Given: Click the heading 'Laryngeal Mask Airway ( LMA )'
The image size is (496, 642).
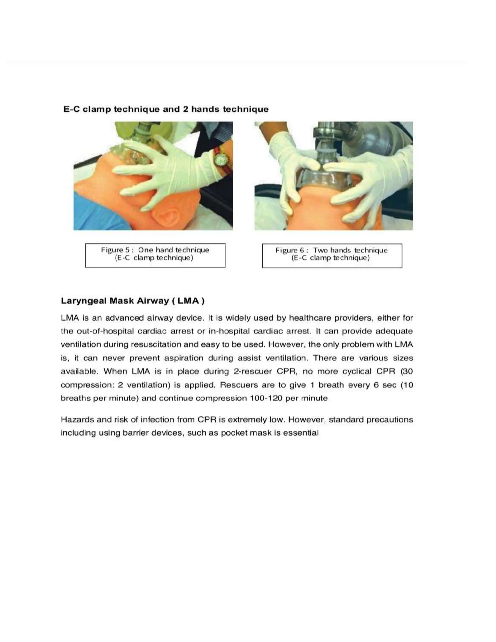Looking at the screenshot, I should click(132, 301).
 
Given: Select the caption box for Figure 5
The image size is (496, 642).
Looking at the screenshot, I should click(155, 255).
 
